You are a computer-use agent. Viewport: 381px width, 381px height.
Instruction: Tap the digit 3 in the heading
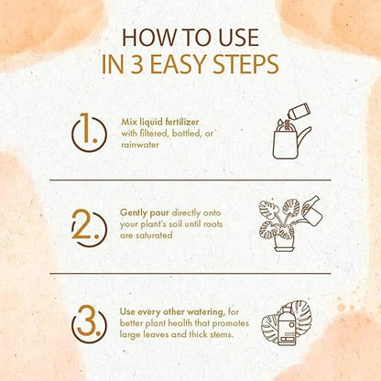(136, 64)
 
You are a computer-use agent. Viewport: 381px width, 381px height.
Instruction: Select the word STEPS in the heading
(245, 64)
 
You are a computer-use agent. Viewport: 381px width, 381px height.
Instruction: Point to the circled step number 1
(89, 132)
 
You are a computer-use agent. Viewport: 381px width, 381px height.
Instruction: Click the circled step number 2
(89, 227)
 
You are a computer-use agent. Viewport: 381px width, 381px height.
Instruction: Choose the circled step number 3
(89, 324)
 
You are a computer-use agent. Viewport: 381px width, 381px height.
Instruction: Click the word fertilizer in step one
(182, 122)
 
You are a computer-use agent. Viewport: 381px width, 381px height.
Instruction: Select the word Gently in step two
(134, 213)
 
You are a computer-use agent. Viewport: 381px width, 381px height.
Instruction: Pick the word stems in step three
(222, 334)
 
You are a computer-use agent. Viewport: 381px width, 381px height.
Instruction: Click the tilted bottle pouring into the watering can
(299, 112)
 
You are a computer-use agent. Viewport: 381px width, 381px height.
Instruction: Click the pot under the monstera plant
(285, 243)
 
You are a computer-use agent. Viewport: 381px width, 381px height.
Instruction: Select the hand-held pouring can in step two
(311, 210)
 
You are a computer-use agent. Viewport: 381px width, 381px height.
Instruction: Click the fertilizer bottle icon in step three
(287, 326)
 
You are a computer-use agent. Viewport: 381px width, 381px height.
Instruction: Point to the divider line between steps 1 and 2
(190, 180)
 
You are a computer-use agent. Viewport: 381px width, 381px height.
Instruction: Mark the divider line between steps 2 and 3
(190, 273)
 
